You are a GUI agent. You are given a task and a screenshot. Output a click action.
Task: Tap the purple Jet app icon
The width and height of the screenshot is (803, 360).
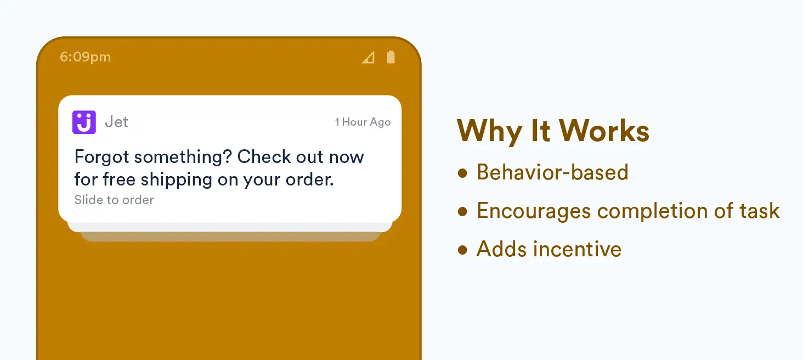84,122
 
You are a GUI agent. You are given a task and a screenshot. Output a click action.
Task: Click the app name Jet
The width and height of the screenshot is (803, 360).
116,122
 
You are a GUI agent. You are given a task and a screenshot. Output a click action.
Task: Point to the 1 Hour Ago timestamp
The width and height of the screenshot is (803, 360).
363,122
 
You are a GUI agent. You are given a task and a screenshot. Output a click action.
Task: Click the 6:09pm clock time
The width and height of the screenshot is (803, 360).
86,57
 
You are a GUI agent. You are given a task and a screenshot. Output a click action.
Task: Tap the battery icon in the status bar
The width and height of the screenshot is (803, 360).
391,57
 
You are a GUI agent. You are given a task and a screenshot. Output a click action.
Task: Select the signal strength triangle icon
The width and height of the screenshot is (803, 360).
369,58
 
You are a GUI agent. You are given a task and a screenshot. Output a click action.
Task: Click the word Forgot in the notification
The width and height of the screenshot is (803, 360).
101,157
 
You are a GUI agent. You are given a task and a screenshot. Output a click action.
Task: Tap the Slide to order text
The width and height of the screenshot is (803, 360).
114,200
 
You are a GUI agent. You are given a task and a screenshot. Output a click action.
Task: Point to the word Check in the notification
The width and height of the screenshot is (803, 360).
264,157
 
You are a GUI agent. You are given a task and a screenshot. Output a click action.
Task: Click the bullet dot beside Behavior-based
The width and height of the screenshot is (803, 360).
462,173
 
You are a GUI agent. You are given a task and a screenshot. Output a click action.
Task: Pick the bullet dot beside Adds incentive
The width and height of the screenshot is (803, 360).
462,250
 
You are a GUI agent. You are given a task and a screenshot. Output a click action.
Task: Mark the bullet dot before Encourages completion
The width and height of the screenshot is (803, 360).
462,211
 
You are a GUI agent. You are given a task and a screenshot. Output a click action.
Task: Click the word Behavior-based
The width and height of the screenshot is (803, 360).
552,172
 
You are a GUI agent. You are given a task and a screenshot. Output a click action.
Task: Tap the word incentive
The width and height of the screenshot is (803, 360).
577,249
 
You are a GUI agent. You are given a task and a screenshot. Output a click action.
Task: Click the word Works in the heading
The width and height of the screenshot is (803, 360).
604,131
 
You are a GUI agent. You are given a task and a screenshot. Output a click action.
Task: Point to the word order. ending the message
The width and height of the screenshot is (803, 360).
310,180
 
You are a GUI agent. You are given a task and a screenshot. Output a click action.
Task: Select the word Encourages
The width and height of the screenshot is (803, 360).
534,211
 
